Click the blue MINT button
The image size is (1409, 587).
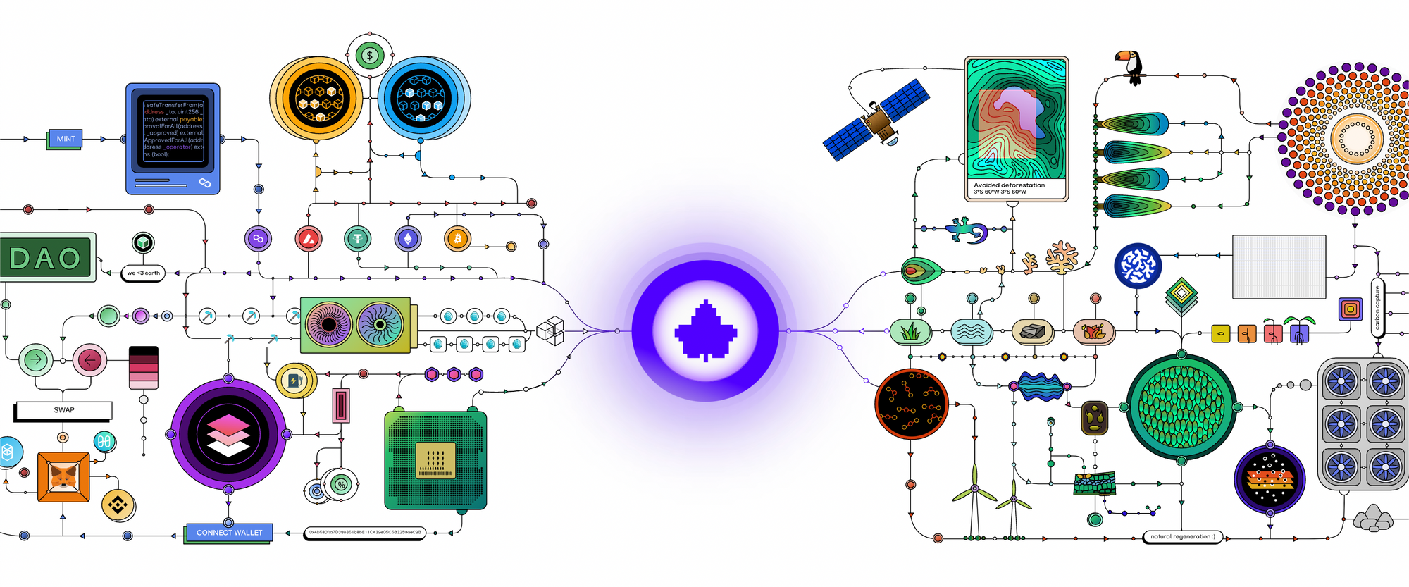coord(66,139)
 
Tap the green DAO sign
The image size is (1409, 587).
coord(46,258)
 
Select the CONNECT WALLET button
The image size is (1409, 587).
coord(229,533)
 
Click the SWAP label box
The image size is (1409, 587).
coord(63,410)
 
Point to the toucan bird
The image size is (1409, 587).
coord(1131,66)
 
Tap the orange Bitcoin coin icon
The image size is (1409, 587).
coord(457,239)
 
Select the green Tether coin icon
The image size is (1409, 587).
coord(357,239)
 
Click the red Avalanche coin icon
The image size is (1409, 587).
coord(309,240)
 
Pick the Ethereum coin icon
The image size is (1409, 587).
coord(407,240)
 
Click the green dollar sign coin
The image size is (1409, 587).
coord(369,55)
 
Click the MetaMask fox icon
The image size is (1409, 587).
coord(63,477)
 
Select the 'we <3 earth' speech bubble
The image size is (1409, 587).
coord(144,273)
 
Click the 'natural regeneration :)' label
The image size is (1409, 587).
coord(1182,536)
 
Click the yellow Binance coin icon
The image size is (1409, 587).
coord(118,505)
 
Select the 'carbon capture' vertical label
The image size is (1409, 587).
coord(1377,307)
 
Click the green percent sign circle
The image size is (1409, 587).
coord(342,485)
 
